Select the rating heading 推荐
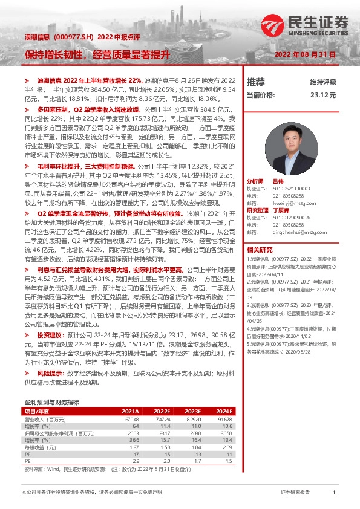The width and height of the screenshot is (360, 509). (256, 82)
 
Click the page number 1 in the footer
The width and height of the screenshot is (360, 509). (334, 493)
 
